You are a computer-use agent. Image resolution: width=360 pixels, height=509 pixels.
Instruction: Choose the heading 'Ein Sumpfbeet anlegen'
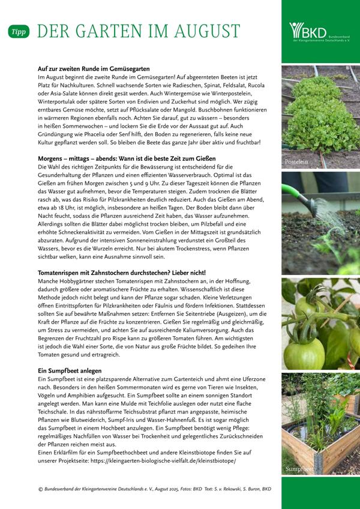click(x=69, y=371)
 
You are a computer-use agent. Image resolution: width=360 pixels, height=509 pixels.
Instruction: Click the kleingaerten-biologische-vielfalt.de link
click(x=163, y=461)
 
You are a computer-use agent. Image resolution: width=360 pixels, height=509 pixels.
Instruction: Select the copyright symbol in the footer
click(x=40, y=489)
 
